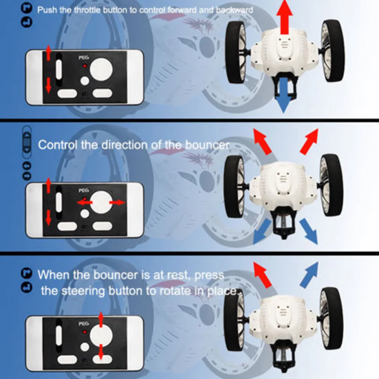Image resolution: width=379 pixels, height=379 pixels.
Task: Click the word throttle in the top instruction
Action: tap(87, 10)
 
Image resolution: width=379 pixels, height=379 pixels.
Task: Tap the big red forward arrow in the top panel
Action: tap(284, 17)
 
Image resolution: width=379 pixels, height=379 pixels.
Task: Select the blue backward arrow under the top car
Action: tap(284, 95)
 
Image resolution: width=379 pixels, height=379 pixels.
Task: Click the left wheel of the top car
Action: tap(236, 53)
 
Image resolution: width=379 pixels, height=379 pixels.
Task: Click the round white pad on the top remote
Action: tap(101, 69)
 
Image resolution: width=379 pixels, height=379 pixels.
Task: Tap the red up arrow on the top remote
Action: tap(48, 53)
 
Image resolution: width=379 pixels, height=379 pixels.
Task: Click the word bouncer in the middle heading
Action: tap(207, 145)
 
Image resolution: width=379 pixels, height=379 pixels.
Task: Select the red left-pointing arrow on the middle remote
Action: tap(84, 202)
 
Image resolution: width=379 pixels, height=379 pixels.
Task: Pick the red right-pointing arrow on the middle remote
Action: tap(117, 203)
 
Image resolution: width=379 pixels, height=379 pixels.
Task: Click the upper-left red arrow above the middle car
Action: tap(262, 142)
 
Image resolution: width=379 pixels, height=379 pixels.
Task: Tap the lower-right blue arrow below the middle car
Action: tap(309, 231)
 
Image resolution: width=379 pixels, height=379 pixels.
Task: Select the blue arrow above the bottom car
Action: tap(309, 275)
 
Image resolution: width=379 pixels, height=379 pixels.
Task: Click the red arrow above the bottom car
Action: tap(262, 275)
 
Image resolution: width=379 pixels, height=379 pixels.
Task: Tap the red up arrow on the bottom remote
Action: tap(101, 320)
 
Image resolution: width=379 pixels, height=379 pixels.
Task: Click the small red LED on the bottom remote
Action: tap(84, 332)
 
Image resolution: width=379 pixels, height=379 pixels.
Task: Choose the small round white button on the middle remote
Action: tap(84, 214)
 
